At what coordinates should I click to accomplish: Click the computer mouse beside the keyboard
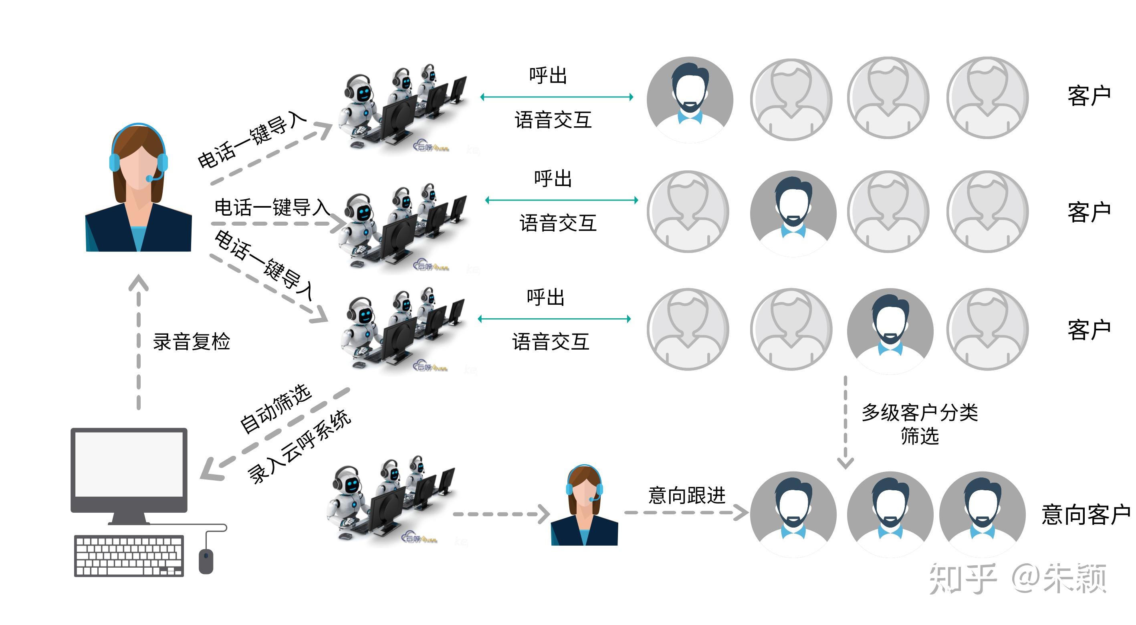pyautogui.click(x=206, y=560)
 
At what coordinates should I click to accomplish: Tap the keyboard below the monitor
pyautogui.click(x=129, y=556)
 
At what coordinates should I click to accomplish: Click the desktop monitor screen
pyautogui.click(x=129, y=464)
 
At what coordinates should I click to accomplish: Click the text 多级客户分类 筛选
pyautogui.click(x=920, y=424)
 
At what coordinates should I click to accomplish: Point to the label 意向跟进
pyautogui.click(x=687, y=495)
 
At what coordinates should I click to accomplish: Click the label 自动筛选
pyautogui.click(x=276, y=409)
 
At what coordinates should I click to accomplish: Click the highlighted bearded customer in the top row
pyautogui.click(x=690, y=100)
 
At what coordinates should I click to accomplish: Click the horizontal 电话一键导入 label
pyautogui.click(x=272, y=207)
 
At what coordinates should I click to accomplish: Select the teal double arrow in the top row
pyautogui.click(x=557, y=97)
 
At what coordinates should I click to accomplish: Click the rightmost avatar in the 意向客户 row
pyautogui.click(x=982, y=514)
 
